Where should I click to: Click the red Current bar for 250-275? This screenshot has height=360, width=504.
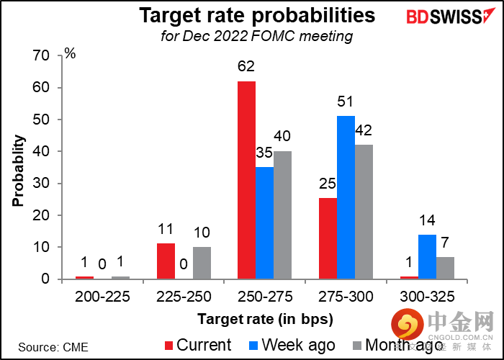(246, 180)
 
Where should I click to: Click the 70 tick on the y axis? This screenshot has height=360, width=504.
(42, 56)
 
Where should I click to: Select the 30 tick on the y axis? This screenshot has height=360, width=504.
(42, 184)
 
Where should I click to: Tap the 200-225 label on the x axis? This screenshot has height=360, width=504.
(103, 294)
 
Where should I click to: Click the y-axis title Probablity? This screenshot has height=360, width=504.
(17, 168)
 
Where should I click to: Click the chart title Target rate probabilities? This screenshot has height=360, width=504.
(257, 16)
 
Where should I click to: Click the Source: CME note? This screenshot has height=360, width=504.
(53, 347)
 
